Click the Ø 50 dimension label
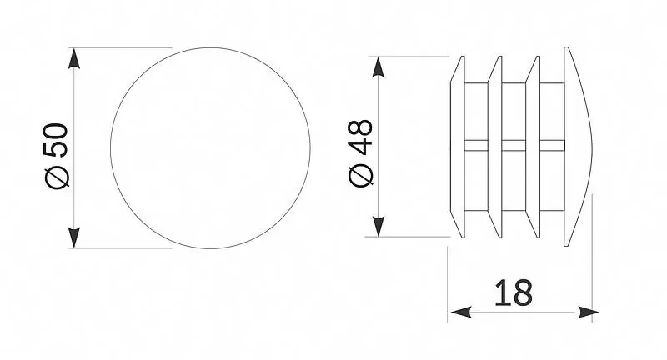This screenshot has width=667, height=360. pos(56,156)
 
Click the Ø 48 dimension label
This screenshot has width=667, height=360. pos(361,153)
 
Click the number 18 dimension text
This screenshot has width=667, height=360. pos(514,292)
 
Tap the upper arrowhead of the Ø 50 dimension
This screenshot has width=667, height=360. pos(74,58)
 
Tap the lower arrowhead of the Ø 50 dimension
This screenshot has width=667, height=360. pos(74,237)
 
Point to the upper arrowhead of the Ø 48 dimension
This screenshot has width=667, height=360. pos(379,67)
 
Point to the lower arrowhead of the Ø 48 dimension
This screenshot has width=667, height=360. pos(379,226)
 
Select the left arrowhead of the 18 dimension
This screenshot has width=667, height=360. pos(461,312)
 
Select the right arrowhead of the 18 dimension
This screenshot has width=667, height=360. pos(589,312)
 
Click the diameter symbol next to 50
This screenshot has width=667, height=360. pos(57,177)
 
